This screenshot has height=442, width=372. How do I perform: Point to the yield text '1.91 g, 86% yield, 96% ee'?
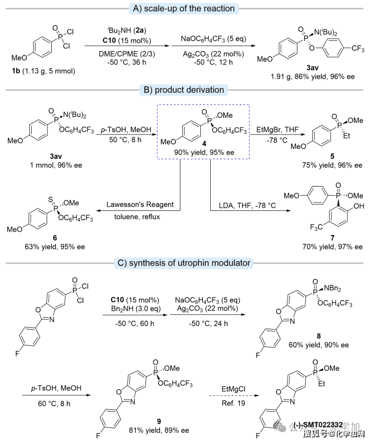coord(309,77)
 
